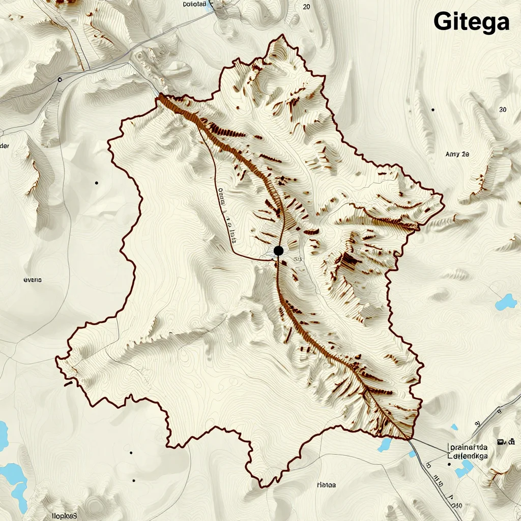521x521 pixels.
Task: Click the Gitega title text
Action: point(471,22)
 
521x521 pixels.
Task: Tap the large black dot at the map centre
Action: point(278,250)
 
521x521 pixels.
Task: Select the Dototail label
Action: point(194,4)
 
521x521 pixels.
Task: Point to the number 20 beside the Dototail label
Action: point(306,7)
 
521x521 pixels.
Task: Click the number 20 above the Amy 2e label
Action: point(503,109)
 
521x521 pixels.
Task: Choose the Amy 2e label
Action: point(457,154)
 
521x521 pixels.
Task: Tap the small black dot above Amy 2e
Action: point(432,109)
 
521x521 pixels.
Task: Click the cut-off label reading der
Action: point(4,146)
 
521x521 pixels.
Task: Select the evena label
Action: point(33,280)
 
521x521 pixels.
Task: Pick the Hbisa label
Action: point(326,485)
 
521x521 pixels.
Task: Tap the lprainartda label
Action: point(468,447)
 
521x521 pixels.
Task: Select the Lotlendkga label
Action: point(468,456)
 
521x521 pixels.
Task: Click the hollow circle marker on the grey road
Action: point(60,79)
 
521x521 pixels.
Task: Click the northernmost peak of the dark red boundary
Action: point(280,37)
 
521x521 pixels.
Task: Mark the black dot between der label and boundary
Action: point(96,183)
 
